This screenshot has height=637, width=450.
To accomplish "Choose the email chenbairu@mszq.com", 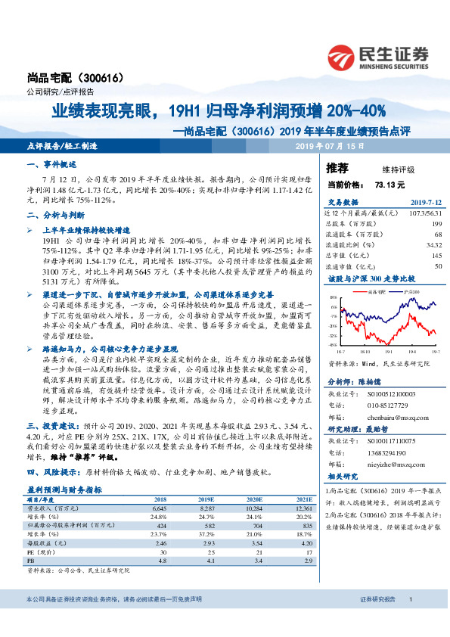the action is (388, 415).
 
